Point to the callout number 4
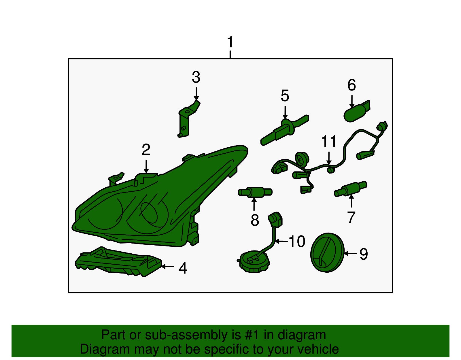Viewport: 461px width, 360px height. [x=183, y=268]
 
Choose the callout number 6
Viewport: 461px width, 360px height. [x=352, y=85]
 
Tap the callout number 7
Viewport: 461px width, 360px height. [x=351, y=217]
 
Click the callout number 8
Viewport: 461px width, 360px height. [x=255, y=220]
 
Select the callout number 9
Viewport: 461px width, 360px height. [x=364, y=254]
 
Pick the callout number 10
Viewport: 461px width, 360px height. [x=297, y=241]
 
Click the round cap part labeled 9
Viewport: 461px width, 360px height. [x=327, y=252]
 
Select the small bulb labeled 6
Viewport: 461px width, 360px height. [x=356, y=111]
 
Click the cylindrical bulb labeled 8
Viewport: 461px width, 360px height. [x=255, y=192]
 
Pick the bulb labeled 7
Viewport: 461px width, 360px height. [x=350, y=189]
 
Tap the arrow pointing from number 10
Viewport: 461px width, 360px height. [x=281, y=241]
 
